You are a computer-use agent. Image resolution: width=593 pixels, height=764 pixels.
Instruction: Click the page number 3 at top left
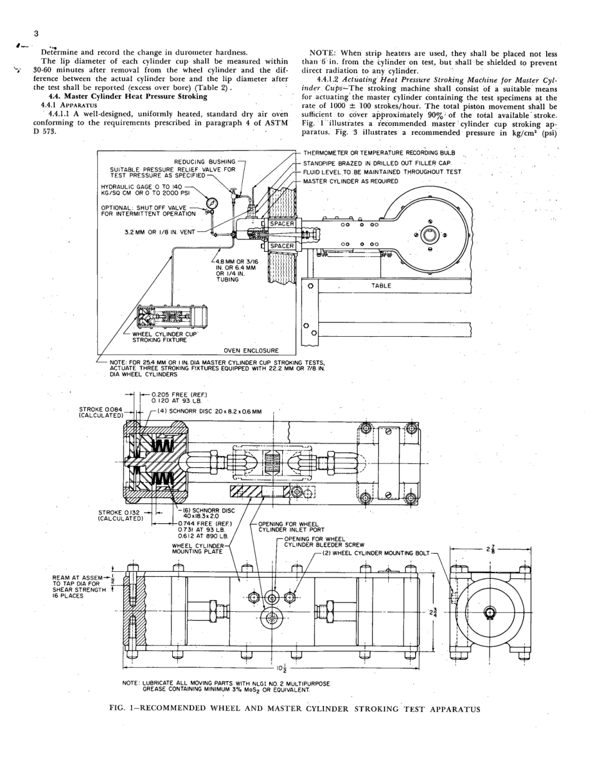(x=37, y=33)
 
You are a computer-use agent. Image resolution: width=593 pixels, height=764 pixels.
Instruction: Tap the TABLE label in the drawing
(x=381, y=285)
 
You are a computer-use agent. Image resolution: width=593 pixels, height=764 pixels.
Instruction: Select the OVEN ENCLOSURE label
(x=251, y=351)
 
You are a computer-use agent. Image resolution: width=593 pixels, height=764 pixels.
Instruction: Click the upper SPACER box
(x=282, y=223)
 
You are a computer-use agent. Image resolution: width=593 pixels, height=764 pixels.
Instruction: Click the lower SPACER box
(x=282, y=246)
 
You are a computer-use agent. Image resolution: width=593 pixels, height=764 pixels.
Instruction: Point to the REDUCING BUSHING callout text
(x=205, y=162)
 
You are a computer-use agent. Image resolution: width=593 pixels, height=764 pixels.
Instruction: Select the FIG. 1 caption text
(x=296, y=709)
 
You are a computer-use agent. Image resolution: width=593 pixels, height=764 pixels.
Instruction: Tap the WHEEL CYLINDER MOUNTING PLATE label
(x=197, y=548)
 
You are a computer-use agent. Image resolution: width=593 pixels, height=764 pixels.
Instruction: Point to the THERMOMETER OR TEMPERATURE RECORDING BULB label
(x=379, y=153)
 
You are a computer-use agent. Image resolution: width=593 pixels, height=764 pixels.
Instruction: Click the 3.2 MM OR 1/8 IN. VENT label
(x=160, y=233)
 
